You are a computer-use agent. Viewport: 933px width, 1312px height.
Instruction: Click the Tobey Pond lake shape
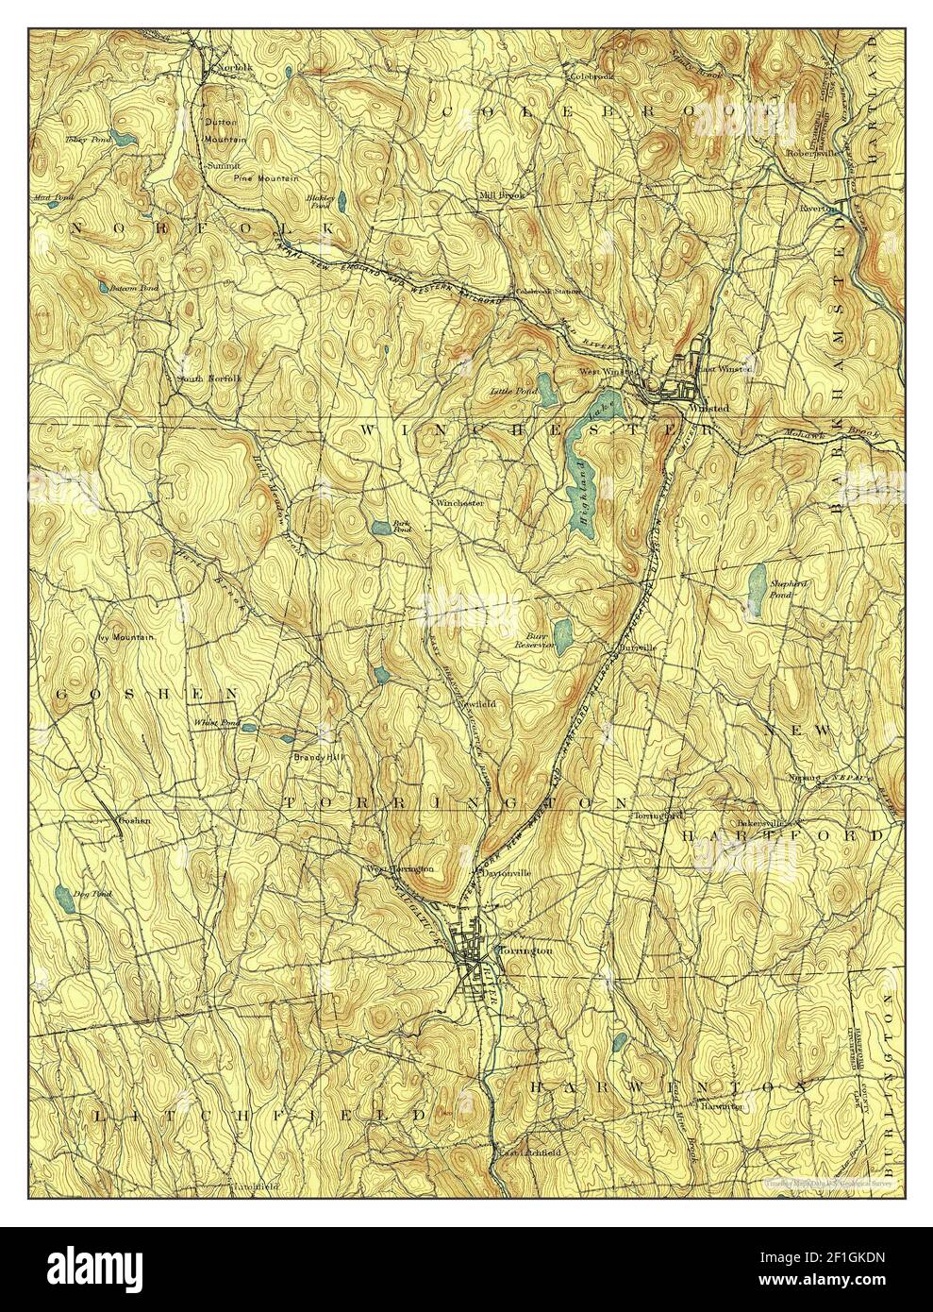123,137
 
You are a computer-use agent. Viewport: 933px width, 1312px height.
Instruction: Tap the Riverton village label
818,208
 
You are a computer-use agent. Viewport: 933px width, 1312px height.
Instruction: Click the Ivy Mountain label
125,638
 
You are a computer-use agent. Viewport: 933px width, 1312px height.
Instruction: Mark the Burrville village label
637,648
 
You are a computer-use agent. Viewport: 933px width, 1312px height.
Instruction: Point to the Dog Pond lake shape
63,895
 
